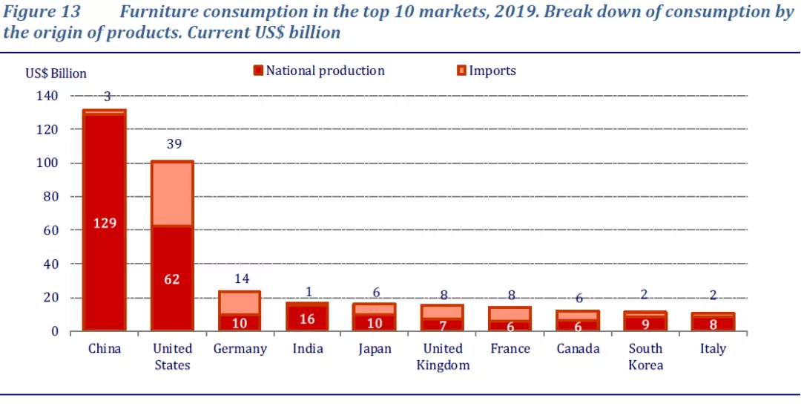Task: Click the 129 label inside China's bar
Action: (104, 222)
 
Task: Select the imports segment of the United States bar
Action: (172, 193)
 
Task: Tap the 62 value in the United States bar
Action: (172, 279)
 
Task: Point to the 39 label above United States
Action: (174, 144)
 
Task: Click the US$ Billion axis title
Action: (56, 74)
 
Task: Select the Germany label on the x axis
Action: (240, 348)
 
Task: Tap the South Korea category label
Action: (646, 356)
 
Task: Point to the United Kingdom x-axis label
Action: (444, 356)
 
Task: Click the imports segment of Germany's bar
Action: (240, 303)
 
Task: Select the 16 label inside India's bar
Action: (307, 319)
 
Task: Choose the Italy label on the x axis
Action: (713, 348)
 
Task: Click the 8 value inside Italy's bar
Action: (713, 323)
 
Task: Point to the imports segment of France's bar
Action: (510, 314)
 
